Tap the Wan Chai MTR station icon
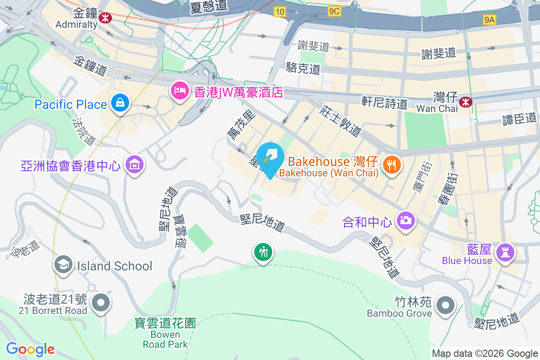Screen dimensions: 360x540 click(x=465, y=103)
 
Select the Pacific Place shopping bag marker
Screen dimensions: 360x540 click(x=120, y=103)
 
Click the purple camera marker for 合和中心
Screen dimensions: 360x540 click(x=405, y=220)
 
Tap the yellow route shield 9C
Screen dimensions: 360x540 click(x=334, y=11)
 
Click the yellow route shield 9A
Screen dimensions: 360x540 click(x=489, y=19)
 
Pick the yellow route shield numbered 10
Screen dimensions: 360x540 click(x=280, y=11)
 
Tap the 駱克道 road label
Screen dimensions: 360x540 click(x=303, y=68)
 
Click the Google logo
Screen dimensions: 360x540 click(x=30, y=349)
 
